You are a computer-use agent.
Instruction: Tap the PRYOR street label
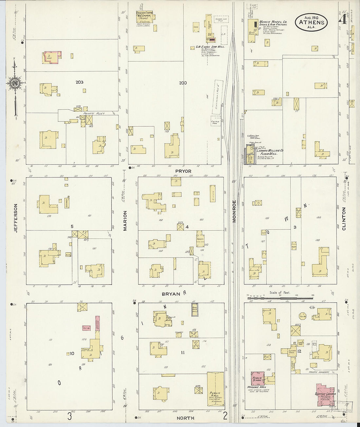click(x=183, y=171)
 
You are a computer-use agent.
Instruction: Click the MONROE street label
click(x=234, y=211)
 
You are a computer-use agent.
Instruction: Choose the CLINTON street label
click(x=344, y=219)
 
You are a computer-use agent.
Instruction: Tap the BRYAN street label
click(x=171, y=294)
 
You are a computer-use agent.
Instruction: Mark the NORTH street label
click(x=185, y=418)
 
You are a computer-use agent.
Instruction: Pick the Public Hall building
click(x=215, y=391)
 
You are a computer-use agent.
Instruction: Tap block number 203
click(x=79, y=82)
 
